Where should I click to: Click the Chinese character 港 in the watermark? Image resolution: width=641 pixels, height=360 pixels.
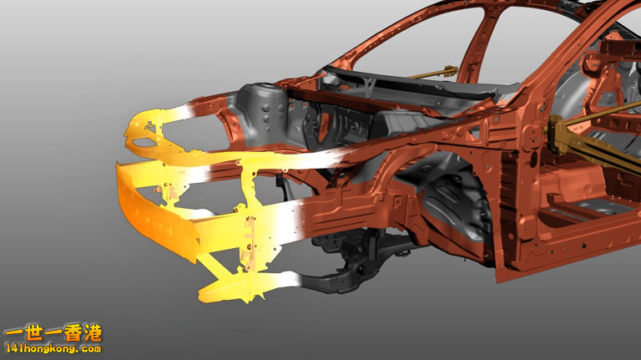click(x=93, y=333)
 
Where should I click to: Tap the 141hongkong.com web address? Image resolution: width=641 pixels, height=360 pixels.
click(x=53, y=349)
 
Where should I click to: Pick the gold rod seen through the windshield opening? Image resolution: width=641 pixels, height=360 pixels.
click(x=433, y=73)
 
